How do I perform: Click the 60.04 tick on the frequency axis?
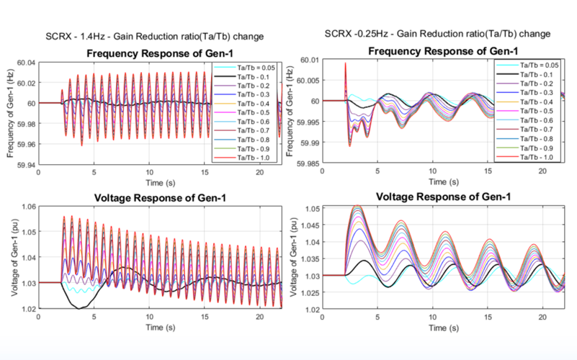[27, 63]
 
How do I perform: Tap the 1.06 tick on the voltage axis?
[29, 207]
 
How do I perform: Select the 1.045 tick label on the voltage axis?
[310, 226]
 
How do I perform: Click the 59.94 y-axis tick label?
[27, 165]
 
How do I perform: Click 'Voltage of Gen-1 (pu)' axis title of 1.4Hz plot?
[12, 258]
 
